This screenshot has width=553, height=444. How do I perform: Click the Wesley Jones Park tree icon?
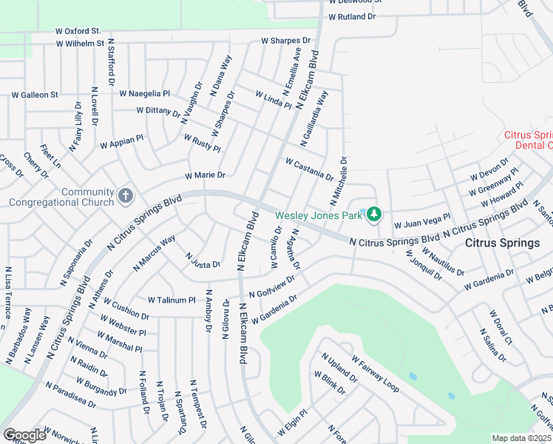[374, 215]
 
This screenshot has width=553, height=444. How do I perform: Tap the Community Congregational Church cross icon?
[126, 197]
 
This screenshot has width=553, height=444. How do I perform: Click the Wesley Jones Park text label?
[319, 215]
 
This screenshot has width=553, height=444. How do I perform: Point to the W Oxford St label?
[78, 31]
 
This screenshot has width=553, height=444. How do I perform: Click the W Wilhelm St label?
[80, 44]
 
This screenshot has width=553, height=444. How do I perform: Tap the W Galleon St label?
[35, 95]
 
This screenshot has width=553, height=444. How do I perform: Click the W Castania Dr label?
[309, 169]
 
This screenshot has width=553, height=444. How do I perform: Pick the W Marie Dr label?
[205, 175]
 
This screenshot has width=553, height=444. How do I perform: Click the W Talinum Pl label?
[172, 300]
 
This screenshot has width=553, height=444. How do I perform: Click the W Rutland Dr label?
[353, 16]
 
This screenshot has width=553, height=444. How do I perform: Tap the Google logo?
[24, 435]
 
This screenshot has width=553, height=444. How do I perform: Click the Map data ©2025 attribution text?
[522, 438]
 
